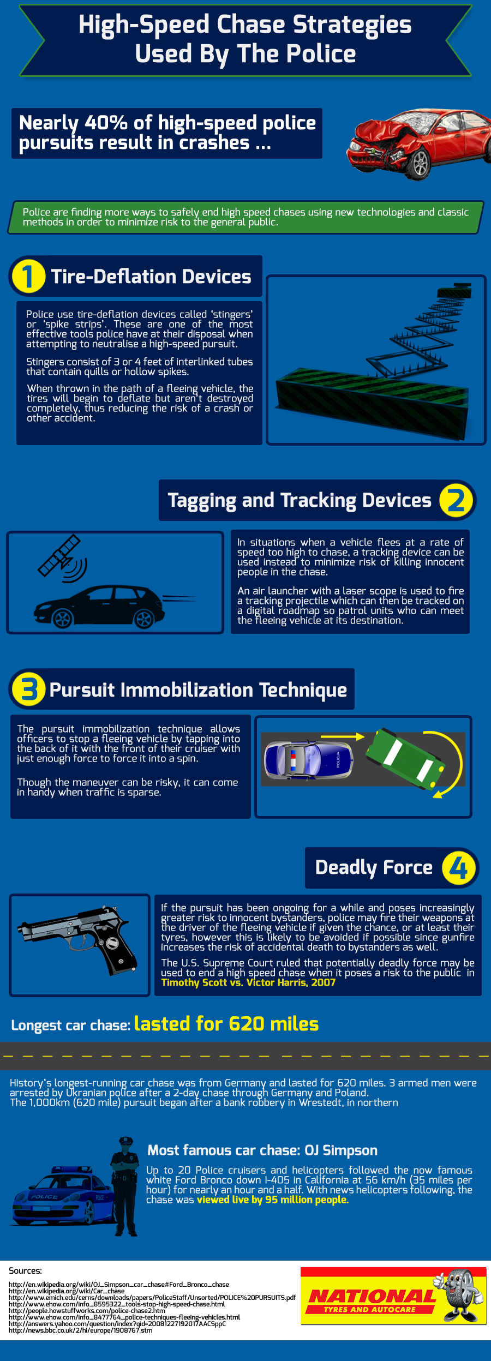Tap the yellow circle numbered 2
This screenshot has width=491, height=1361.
[456, 500]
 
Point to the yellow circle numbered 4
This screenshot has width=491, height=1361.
[459, 867]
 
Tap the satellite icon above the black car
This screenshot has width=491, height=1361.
[61, 558]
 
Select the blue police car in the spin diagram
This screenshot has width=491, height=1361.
[309, 759]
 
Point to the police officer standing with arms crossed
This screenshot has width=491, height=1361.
[125, 1186]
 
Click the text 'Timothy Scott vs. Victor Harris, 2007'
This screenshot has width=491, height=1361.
[248, 982]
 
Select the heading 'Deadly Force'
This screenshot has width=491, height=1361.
[374, 867]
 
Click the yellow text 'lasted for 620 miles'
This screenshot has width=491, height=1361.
[226, 1023]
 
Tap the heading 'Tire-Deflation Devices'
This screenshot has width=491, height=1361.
[151, 277]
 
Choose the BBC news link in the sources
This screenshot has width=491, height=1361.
[81, 1330]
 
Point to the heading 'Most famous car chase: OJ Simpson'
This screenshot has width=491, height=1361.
[262, 1150]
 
